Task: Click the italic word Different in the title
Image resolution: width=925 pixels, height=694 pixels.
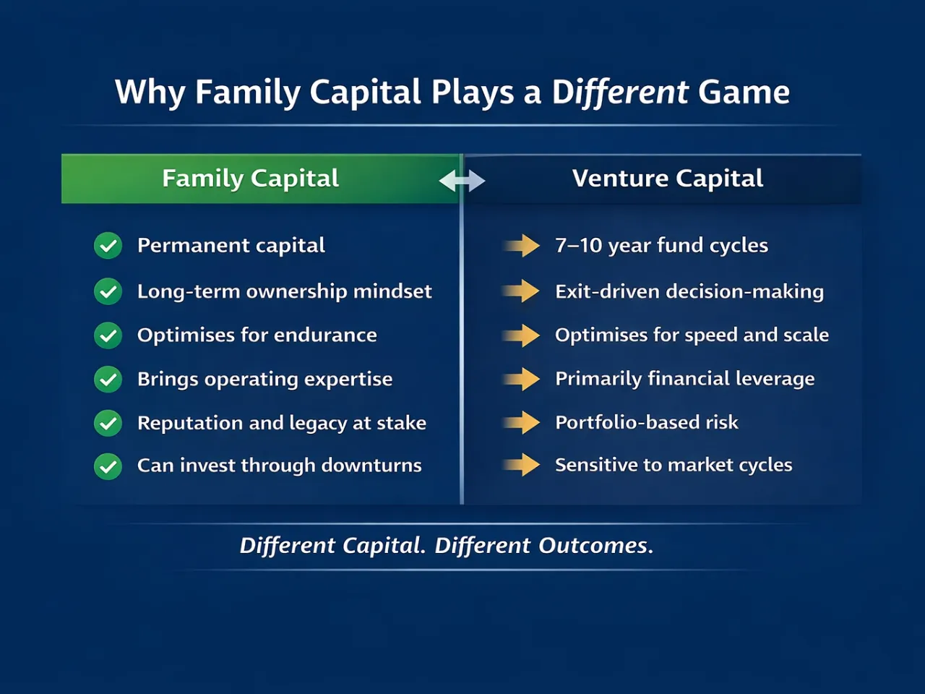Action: click(x=620, y=93)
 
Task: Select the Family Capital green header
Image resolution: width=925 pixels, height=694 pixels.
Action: click(x=251, y=179)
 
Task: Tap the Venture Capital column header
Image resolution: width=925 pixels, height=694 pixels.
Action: click(x=667, y=179)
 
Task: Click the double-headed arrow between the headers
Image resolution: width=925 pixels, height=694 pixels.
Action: click(x=462, y=180)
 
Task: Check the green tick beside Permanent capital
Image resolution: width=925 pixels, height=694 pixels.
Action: click(x=108, y=246)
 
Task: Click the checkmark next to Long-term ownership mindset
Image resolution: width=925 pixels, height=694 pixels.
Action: click(x=108, y=291)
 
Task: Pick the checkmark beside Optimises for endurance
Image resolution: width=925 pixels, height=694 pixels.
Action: click(x=108, y=335)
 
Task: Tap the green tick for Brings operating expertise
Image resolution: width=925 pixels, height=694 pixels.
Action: click(x=108, y=379)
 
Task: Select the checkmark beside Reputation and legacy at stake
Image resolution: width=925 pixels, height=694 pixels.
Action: click(x=108, y=423)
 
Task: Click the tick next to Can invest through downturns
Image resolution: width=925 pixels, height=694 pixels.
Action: click(x=108, y=466)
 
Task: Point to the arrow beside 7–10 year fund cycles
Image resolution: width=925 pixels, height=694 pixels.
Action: click(x=522, y=246)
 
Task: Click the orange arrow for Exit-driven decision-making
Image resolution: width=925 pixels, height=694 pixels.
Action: click(x=522, y=291)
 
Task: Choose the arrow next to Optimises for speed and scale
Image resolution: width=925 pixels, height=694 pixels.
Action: click(x=522, y=335)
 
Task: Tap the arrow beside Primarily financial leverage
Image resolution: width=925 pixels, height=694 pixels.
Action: click(x=522, y=379)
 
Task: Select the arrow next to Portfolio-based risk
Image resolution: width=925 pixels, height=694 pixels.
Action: click(x=522, y=422)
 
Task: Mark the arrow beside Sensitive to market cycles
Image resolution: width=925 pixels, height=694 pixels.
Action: click(x=522, y=465)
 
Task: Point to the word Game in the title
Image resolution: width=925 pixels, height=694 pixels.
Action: click(x=744, y=93)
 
